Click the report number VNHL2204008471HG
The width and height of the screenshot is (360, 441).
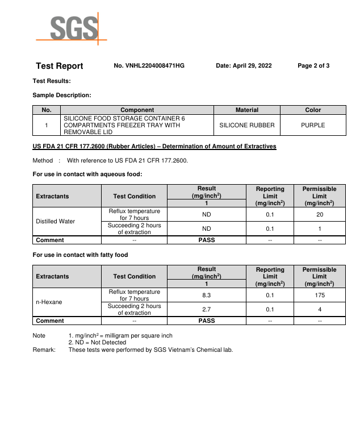(x=149, y=66)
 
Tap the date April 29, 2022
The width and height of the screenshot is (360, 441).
(x=244, y=66)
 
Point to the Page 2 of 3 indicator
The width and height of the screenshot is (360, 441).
(x=313, y=66)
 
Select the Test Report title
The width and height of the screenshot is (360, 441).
(x=59, y=66)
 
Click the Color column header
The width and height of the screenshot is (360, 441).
(x=313, y=110)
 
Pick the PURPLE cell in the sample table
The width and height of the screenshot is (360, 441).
(x=313, y=125)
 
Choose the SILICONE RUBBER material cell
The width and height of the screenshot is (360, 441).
(x=246, y=125)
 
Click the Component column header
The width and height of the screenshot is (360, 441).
(x=137, y=110)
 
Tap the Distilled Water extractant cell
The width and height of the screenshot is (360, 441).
(x=55, y=221)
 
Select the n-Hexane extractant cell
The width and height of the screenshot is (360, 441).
(x=48, y=302)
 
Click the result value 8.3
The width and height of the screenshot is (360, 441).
(x=207, y=296)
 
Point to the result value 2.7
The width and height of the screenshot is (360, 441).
(x=207, y=310)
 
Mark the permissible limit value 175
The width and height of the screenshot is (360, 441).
(x=319, y=296)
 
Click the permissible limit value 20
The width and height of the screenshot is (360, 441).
(x=319, y=215)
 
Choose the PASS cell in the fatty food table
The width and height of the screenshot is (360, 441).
(x=207, y=321)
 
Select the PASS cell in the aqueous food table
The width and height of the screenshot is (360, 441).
(x=207, y=240)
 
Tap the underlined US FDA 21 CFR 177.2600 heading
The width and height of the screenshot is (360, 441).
(x=154, y=147)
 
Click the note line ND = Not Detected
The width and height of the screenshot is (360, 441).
(x=97, y=343)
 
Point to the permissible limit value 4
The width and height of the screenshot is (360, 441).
(x=319, y=310)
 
